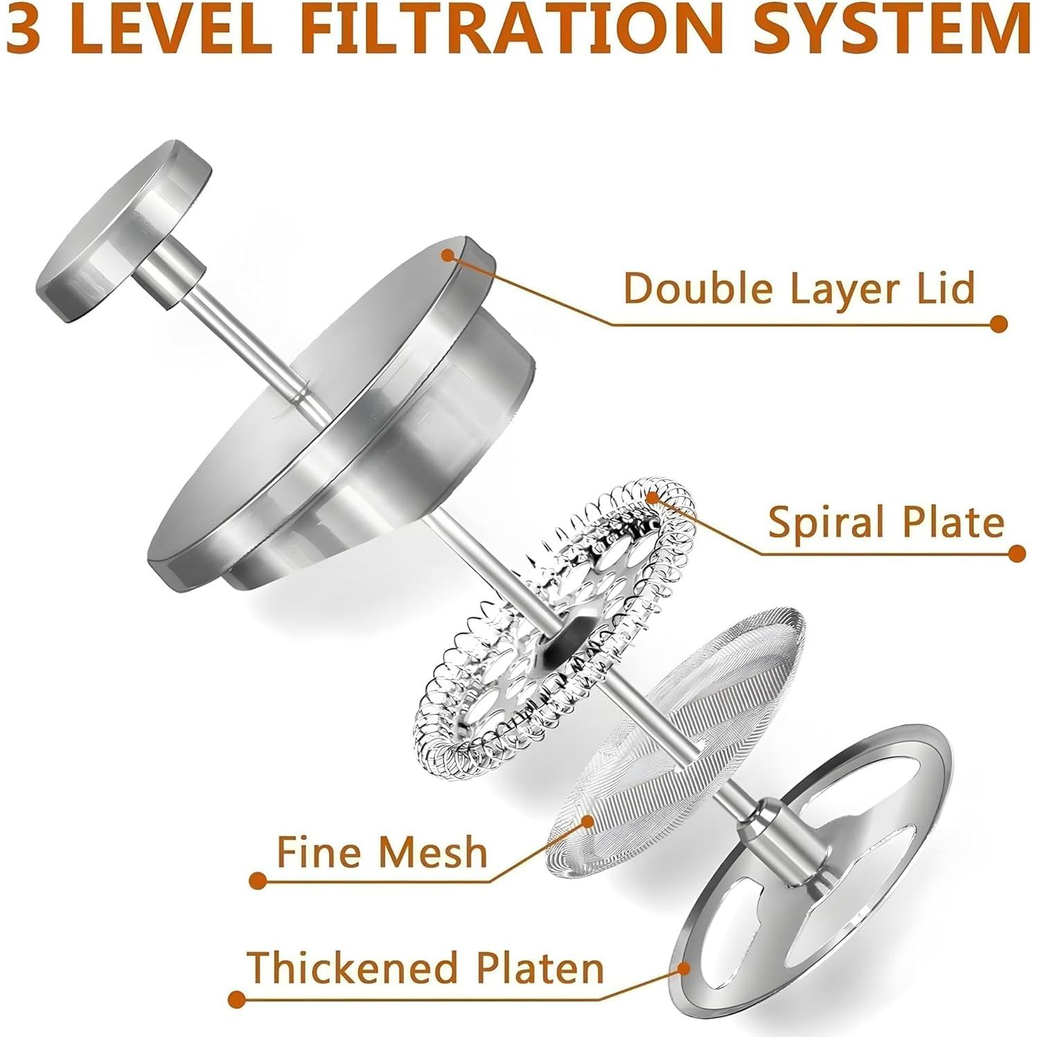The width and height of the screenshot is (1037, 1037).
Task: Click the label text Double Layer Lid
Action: pos(799,287)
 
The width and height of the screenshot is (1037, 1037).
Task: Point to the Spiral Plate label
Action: pos(886,522)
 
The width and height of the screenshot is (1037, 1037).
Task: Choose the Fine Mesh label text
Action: pos(382,851)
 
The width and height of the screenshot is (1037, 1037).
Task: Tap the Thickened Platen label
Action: pos(425,966)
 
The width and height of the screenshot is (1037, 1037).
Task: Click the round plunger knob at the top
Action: pos(123,231)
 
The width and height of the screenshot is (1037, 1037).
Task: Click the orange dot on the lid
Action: pos(447,256)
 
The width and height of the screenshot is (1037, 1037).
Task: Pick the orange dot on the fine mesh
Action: pos(588,822)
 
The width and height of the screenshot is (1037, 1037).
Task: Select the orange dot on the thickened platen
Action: pos(683,968)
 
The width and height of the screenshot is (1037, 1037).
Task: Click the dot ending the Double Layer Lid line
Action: pos(998,323)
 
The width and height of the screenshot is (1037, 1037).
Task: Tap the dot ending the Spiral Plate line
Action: pos(1016,553)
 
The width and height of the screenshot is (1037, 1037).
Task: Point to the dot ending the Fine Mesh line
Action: pos(258,881)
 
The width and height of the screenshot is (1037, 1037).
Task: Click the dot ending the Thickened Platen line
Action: pos(237,1000)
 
